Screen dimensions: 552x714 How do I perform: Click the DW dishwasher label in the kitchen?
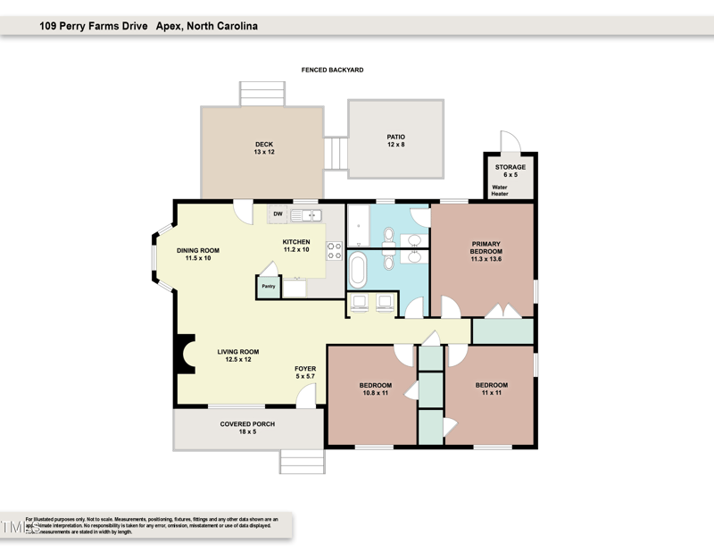(278, 214)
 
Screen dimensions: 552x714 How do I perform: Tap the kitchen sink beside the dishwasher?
(310, 214)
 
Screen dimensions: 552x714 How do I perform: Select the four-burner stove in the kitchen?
(335, 251)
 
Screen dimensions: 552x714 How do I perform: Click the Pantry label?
(268, 287)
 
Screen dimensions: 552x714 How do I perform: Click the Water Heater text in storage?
(500, 190)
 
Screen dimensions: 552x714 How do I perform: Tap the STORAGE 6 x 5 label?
(511, 171)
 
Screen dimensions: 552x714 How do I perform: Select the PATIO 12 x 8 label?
(395, 140)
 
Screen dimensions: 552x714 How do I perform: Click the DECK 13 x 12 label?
(263, 148)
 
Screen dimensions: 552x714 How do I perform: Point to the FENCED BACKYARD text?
(332, 70)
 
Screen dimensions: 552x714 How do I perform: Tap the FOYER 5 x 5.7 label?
(305, 372)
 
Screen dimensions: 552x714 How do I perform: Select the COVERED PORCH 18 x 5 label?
(247, 428)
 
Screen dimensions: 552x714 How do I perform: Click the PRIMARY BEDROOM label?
(486, 251)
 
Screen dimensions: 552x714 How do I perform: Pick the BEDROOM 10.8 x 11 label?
(376, 389)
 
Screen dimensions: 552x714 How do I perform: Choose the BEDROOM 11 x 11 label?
(492, 389)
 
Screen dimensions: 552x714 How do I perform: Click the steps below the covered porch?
(303, 461)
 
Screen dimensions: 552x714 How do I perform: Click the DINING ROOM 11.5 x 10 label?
(197, 255)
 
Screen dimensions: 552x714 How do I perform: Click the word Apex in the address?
(170, 27)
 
